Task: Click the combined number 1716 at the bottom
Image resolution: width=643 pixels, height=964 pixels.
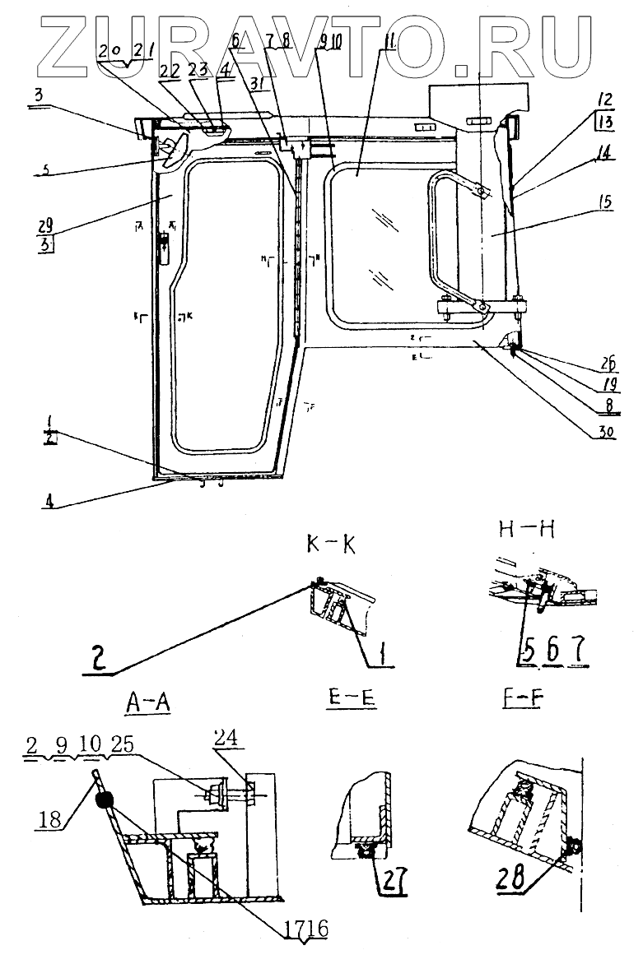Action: point(307,929)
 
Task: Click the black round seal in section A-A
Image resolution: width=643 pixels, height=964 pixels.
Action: point(104,799)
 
